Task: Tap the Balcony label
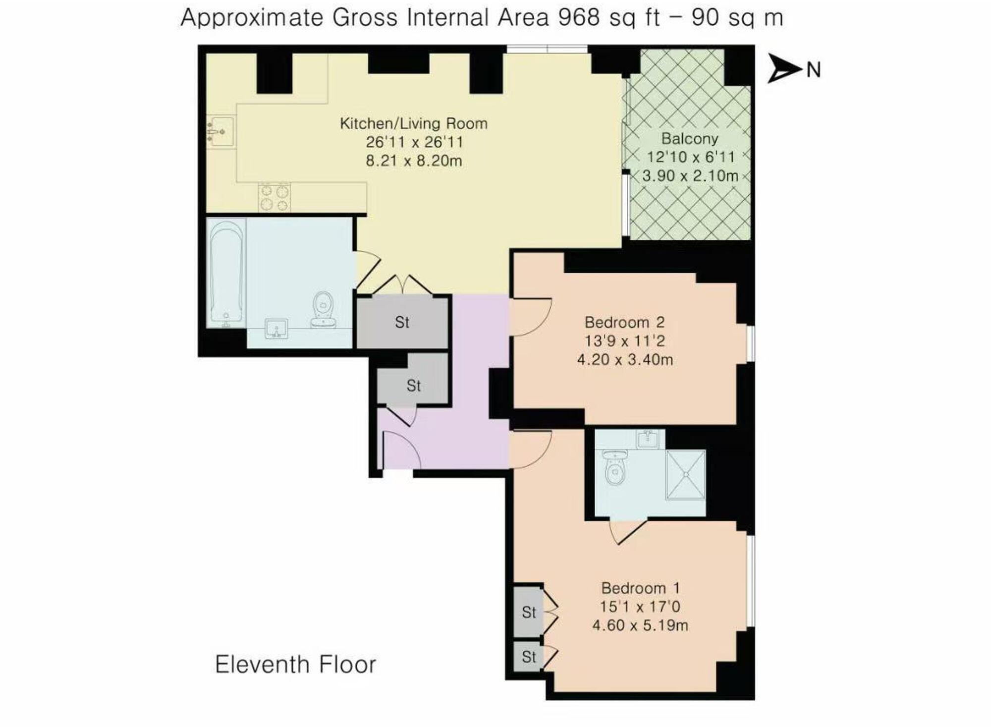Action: [x=689, y=139]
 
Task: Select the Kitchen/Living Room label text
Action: [x=413, y=123]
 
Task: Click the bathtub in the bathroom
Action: [x=226, y=273]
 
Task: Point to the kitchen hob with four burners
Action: [x=275, y=197]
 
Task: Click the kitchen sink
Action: [x=220, y=131]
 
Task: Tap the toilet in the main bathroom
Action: [x=324, y=308]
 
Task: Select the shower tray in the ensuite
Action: [x=686, y=475]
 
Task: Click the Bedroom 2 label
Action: [x=624, y=323]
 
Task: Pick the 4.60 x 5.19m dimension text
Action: [x=640, y=625]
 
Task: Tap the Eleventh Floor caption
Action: [x=295, y=665]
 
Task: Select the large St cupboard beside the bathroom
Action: [x=402, y=323]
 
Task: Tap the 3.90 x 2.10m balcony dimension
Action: [x=690, y=176]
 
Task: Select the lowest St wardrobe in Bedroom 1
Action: [x=528, y=657]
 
